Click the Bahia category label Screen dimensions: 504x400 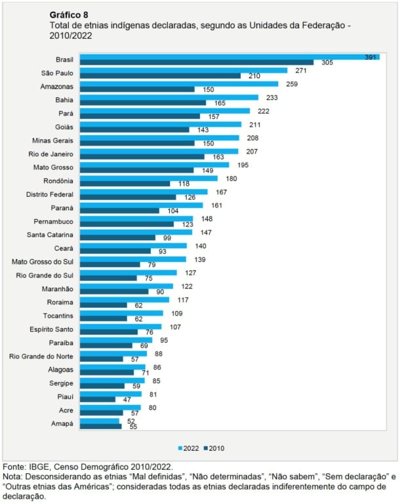click(64, 100)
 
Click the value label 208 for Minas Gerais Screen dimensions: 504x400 click(252, 138)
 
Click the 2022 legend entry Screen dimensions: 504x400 click(190, 448)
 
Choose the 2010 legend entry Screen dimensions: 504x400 click(216, 448)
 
